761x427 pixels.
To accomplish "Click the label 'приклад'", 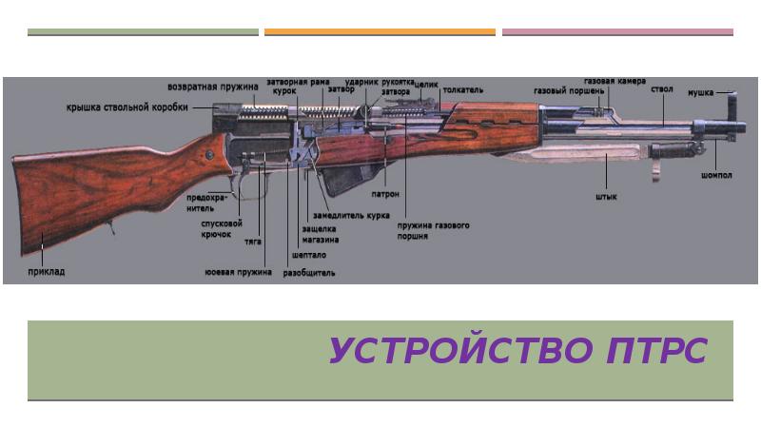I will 46,272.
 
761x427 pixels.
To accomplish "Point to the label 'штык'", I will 606,198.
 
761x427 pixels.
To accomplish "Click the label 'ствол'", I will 662,89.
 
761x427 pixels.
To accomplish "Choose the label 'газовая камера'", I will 615,81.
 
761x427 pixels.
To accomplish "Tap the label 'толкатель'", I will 462,90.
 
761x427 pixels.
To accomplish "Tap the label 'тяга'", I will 253,243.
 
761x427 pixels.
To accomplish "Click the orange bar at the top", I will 380,32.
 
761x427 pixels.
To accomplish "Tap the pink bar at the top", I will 616,32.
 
